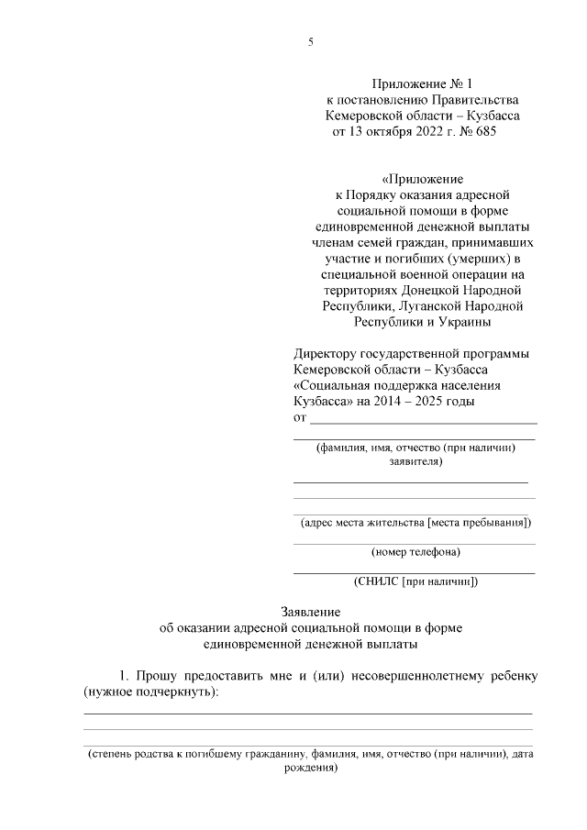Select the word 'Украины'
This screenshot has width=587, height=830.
(x=464, y=322)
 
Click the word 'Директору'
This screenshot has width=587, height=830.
(x=325, y=354)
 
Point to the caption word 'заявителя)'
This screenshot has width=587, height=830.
(x=415, y=462)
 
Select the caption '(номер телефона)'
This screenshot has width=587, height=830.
(x=415, y=552)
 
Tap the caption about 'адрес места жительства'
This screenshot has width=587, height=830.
(x=415, y=523)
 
